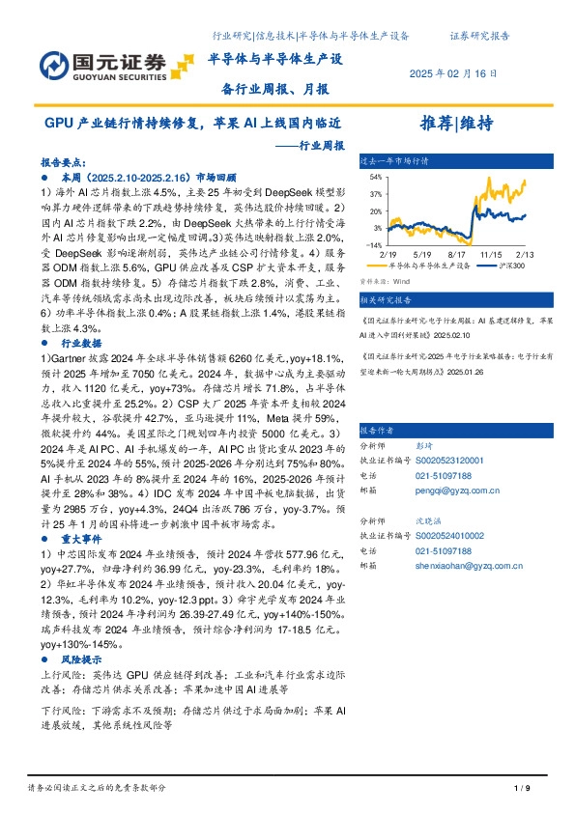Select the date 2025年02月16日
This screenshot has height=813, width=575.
(454, 73)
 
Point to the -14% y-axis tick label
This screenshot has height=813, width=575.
(373, 245)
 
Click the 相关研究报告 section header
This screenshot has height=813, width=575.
(388, 300)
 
